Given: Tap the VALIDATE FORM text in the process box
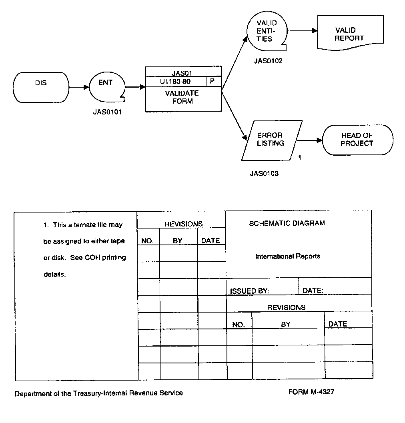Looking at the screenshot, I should (182, 97).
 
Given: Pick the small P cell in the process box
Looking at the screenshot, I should (213, 81).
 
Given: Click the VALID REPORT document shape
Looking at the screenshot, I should (349, 34).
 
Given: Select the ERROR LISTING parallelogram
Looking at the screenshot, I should (271, 139).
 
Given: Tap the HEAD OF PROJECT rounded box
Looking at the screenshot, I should (357, 140).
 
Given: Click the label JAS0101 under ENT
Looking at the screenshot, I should (107, 112).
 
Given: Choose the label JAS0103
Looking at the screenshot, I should (264, 174).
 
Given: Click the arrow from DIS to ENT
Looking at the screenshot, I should (78, 87).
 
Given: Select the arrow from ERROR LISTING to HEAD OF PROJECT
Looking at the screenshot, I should (309, 140).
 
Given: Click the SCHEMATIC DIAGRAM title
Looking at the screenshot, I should (287, 223).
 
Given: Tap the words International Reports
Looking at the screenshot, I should (287, 256).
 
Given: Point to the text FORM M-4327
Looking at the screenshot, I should (311, 392).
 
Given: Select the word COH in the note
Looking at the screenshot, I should (92, 258).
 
